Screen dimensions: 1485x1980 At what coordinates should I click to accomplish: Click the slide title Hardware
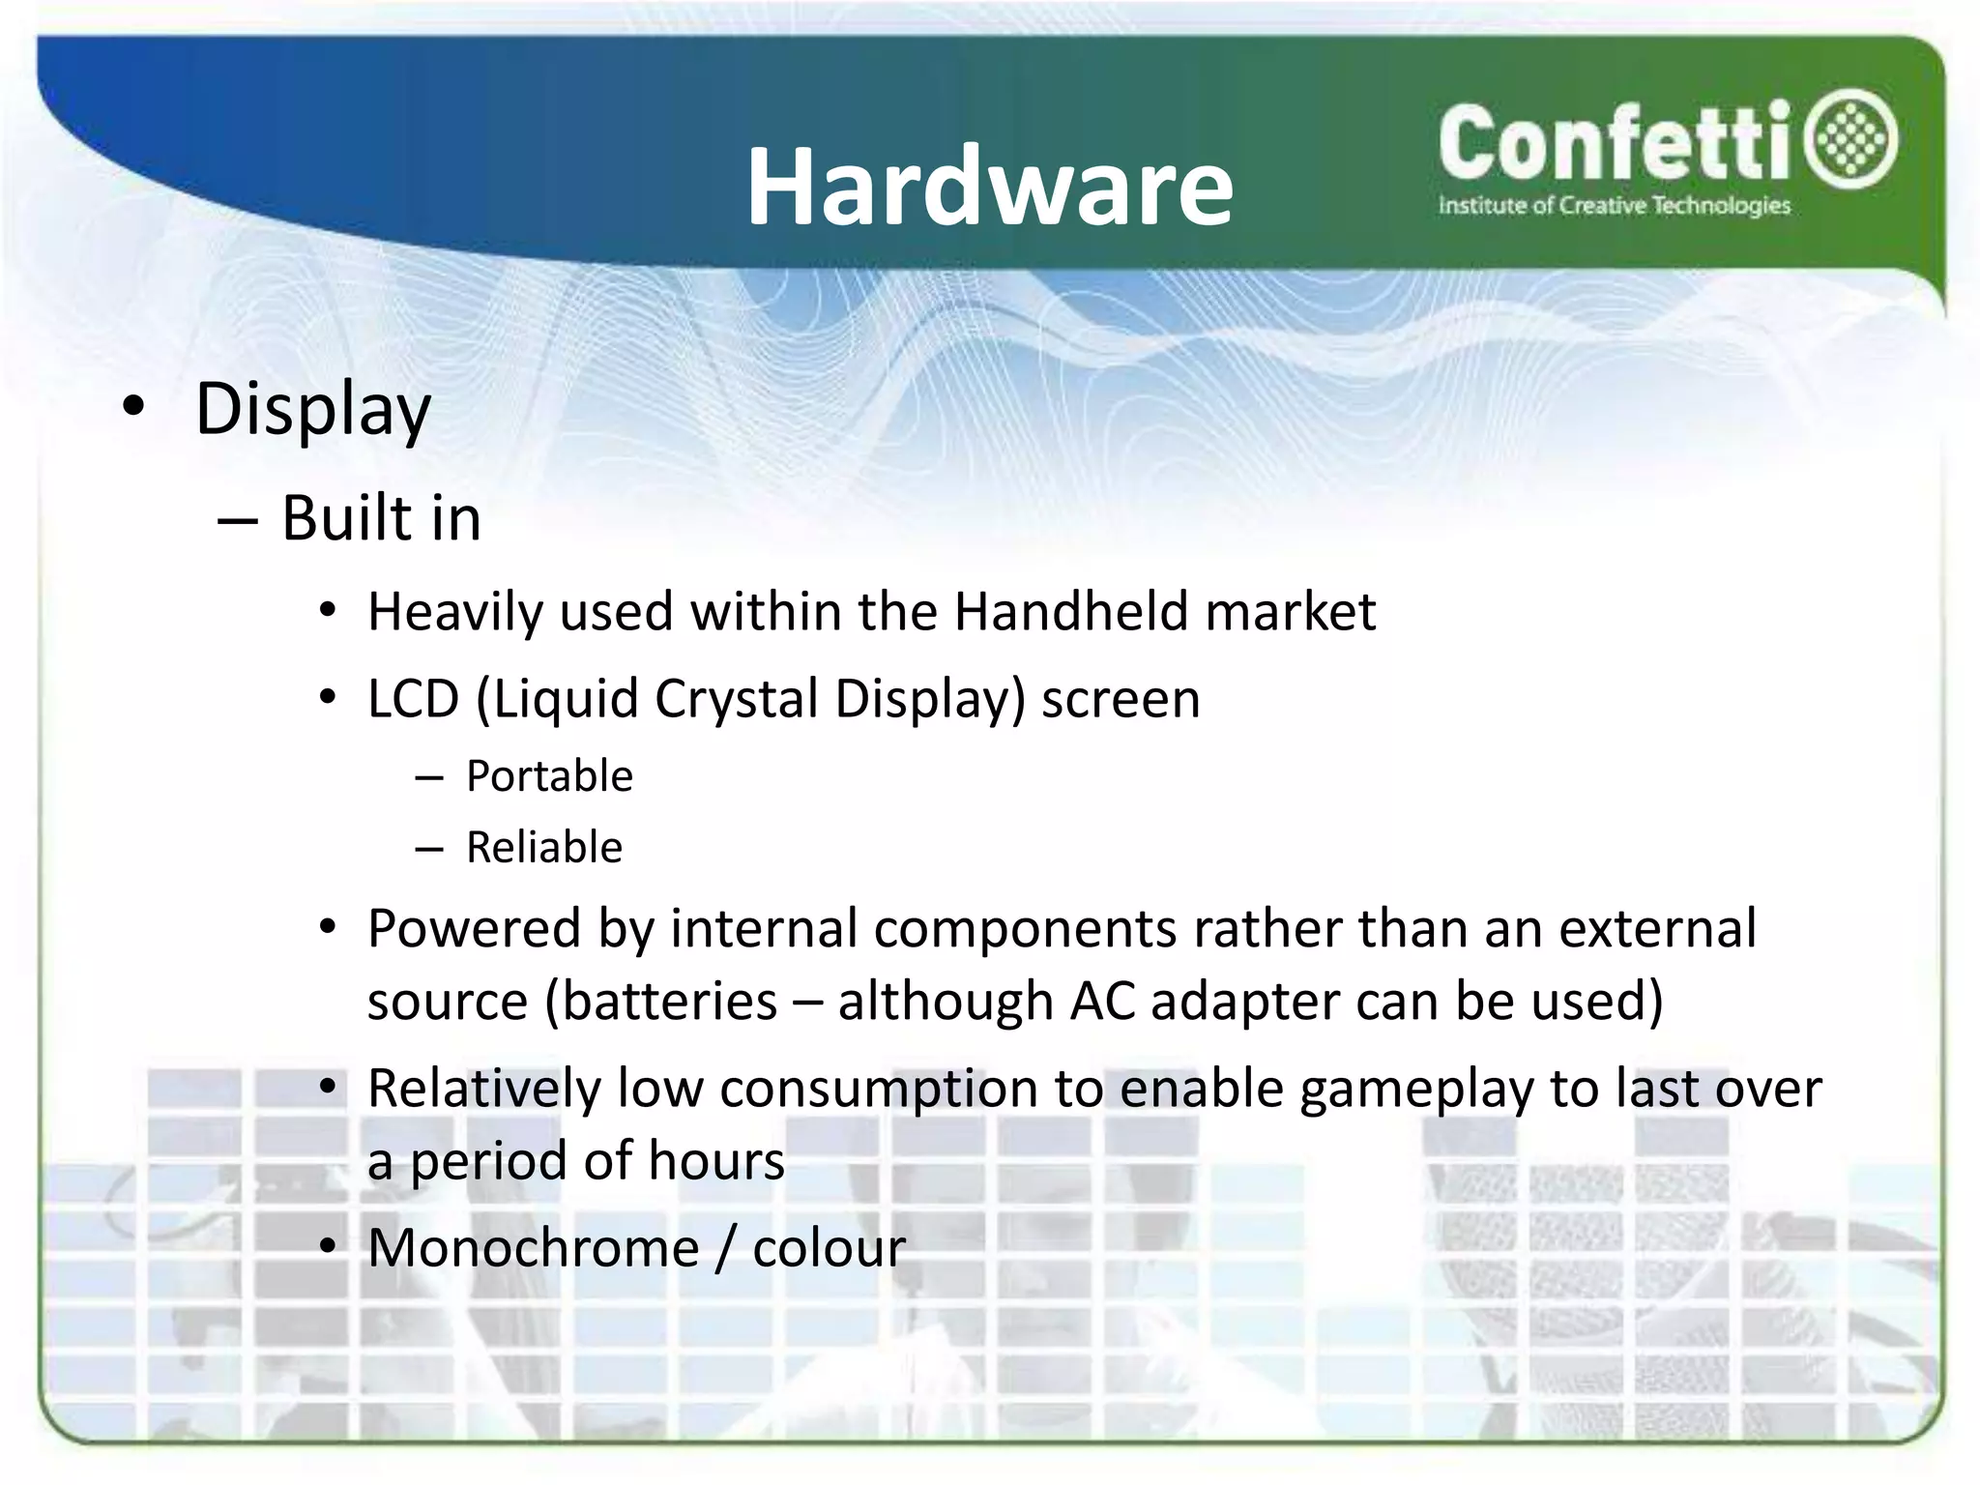[989, 187]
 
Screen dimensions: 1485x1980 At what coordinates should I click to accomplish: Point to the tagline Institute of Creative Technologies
[1614, 206]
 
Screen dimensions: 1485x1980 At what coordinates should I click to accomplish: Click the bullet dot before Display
[133, 407]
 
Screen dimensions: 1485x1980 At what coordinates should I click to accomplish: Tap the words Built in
[381, 518]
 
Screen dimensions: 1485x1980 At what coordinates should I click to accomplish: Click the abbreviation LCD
[413, 698]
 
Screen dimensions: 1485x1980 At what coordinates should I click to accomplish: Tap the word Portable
[549, 776]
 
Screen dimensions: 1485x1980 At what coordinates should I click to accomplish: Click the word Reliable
[544, 848]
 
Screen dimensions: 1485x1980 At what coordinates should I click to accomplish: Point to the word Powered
[474, 929]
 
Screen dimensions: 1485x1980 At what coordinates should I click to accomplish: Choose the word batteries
[669, 1001]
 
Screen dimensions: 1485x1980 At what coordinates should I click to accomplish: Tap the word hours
[716, 1160]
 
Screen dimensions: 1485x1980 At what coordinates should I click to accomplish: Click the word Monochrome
[534, 1247]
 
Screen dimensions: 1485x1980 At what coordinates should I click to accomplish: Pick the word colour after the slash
[829, 1247]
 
